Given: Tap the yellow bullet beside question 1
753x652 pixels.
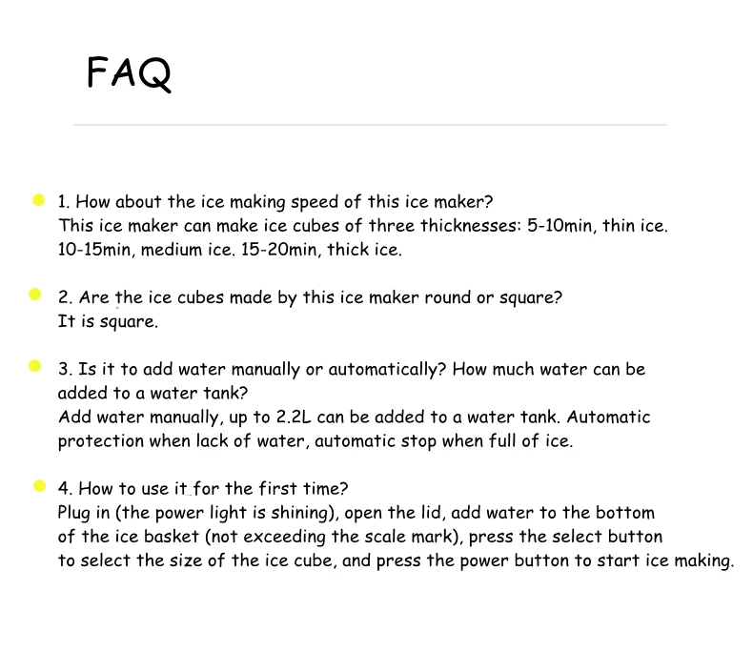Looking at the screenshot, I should click(x=39, y=200).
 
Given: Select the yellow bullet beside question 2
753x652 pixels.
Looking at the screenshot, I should click(x=35, y=295).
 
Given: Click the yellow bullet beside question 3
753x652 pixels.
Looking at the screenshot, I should click(x=35, y=366).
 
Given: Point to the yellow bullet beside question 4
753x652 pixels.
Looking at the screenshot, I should click(x=40, y=486).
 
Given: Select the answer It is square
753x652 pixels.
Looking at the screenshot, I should click(x=108, y=321).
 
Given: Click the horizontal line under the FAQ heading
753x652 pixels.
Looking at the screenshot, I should click(x=370, y=125).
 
